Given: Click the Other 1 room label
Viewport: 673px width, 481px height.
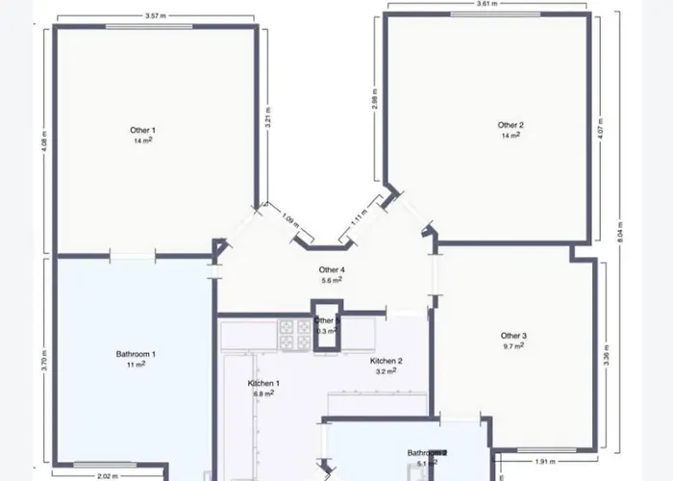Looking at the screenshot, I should coord(142,129).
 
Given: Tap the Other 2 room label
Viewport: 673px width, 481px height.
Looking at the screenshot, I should coord(511,125).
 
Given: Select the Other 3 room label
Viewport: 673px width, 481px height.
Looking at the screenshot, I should coord(513,336).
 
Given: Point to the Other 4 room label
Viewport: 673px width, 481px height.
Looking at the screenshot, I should coord(332,270).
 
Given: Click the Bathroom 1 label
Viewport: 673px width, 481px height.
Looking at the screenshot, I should coord(136,354).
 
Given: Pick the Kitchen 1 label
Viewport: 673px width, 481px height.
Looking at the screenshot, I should coord(263,383).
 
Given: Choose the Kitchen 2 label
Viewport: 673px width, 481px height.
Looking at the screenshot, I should coord(386,361).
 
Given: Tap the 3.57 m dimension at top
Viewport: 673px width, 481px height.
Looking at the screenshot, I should coord(157,16).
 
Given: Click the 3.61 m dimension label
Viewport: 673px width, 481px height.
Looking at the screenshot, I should coord(488,5).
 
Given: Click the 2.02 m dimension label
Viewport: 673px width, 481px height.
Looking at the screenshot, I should coord(108,476).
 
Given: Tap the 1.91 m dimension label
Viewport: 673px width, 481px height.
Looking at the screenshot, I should coord(545,461).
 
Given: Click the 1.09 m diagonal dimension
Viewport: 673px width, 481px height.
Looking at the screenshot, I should coord(289,219).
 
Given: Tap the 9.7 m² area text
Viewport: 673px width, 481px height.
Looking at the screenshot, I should coord(513,346).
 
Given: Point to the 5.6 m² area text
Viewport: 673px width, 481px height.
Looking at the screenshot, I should coord(332,280).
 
